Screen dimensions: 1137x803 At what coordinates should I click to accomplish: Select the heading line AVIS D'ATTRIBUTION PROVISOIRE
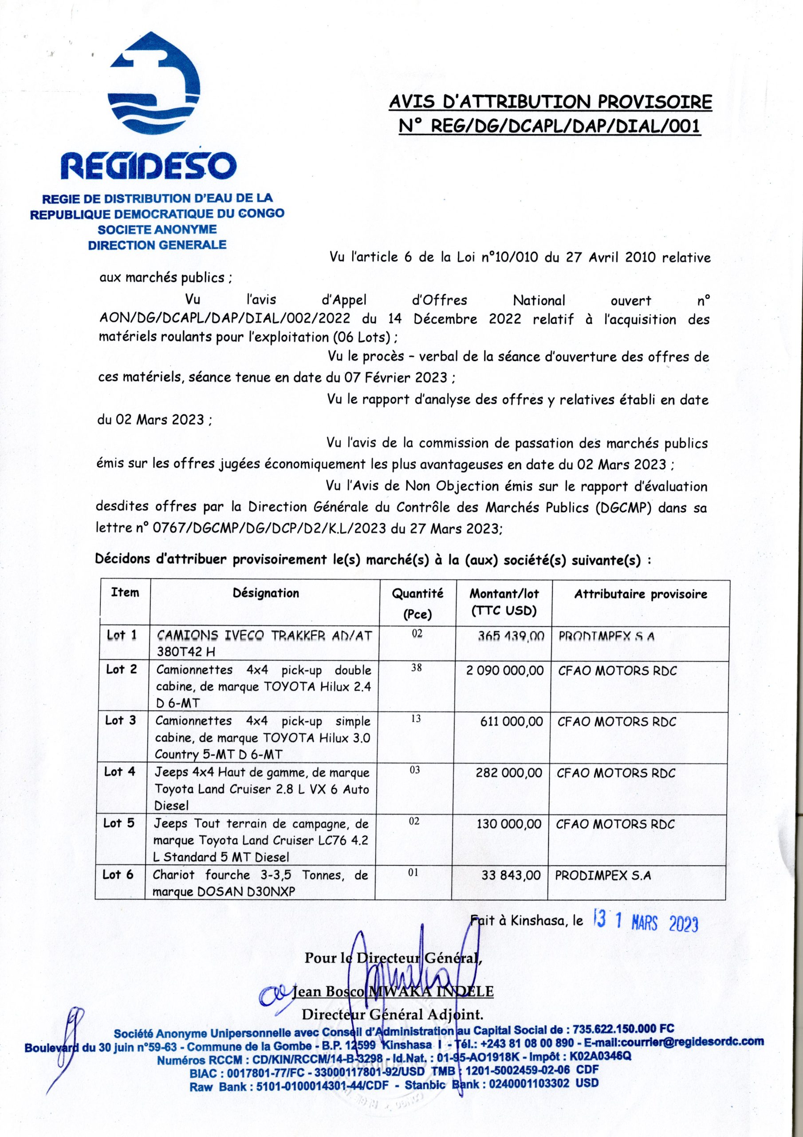pos(550,102)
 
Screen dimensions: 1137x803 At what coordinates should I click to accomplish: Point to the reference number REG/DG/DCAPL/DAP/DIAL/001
pos(566,126)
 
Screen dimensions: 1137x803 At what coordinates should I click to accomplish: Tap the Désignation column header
pos(266,593)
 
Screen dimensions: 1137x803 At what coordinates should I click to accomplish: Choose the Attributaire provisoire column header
pos(640,594)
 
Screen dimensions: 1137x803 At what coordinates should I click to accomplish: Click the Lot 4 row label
pos(119,771)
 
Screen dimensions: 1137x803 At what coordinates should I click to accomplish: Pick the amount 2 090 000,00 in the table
pos(505,671)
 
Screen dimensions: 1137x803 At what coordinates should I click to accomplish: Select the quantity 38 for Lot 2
pos(416,668)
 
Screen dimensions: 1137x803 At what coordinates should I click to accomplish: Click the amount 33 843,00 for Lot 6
pos(511,875)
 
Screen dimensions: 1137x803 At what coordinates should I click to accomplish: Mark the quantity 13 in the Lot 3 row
pos(416,719)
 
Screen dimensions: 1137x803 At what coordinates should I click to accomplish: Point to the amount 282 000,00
pos(508,773)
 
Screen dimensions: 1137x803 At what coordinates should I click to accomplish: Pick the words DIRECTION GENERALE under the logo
pos(157,245)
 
